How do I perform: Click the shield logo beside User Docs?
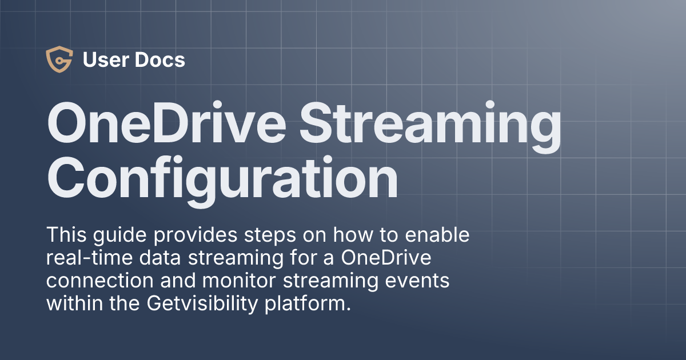(x=59, y=60)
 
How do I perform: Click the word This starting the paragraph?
(x=66, y=235)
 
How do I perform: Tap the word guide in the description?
(x=115, y=235)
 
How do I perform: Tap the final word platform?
(x=313, y=304)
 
